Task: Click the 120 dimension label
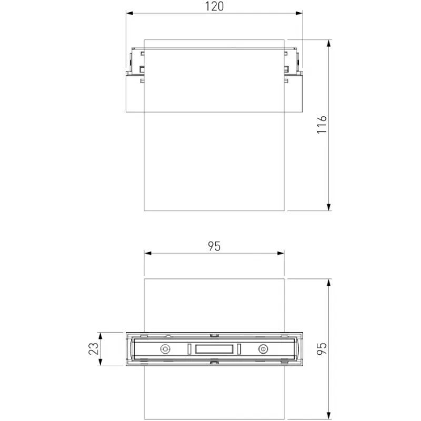[214, 6]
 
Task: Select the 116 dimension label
[322, 125]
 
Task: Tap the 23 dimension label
[94, 349]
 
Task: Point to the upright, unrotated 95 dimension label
[214, 246]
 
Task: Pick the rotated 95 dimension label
[322, 349]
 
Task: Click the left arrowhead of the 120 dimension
[129, 13]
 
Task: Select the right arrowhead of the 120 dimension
[299, 13]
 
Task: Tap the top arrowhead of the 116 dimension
[328, 43]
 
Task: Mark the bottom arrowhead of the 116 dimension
[328, 207]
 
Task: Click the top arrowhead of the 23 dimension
[101, 336]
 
